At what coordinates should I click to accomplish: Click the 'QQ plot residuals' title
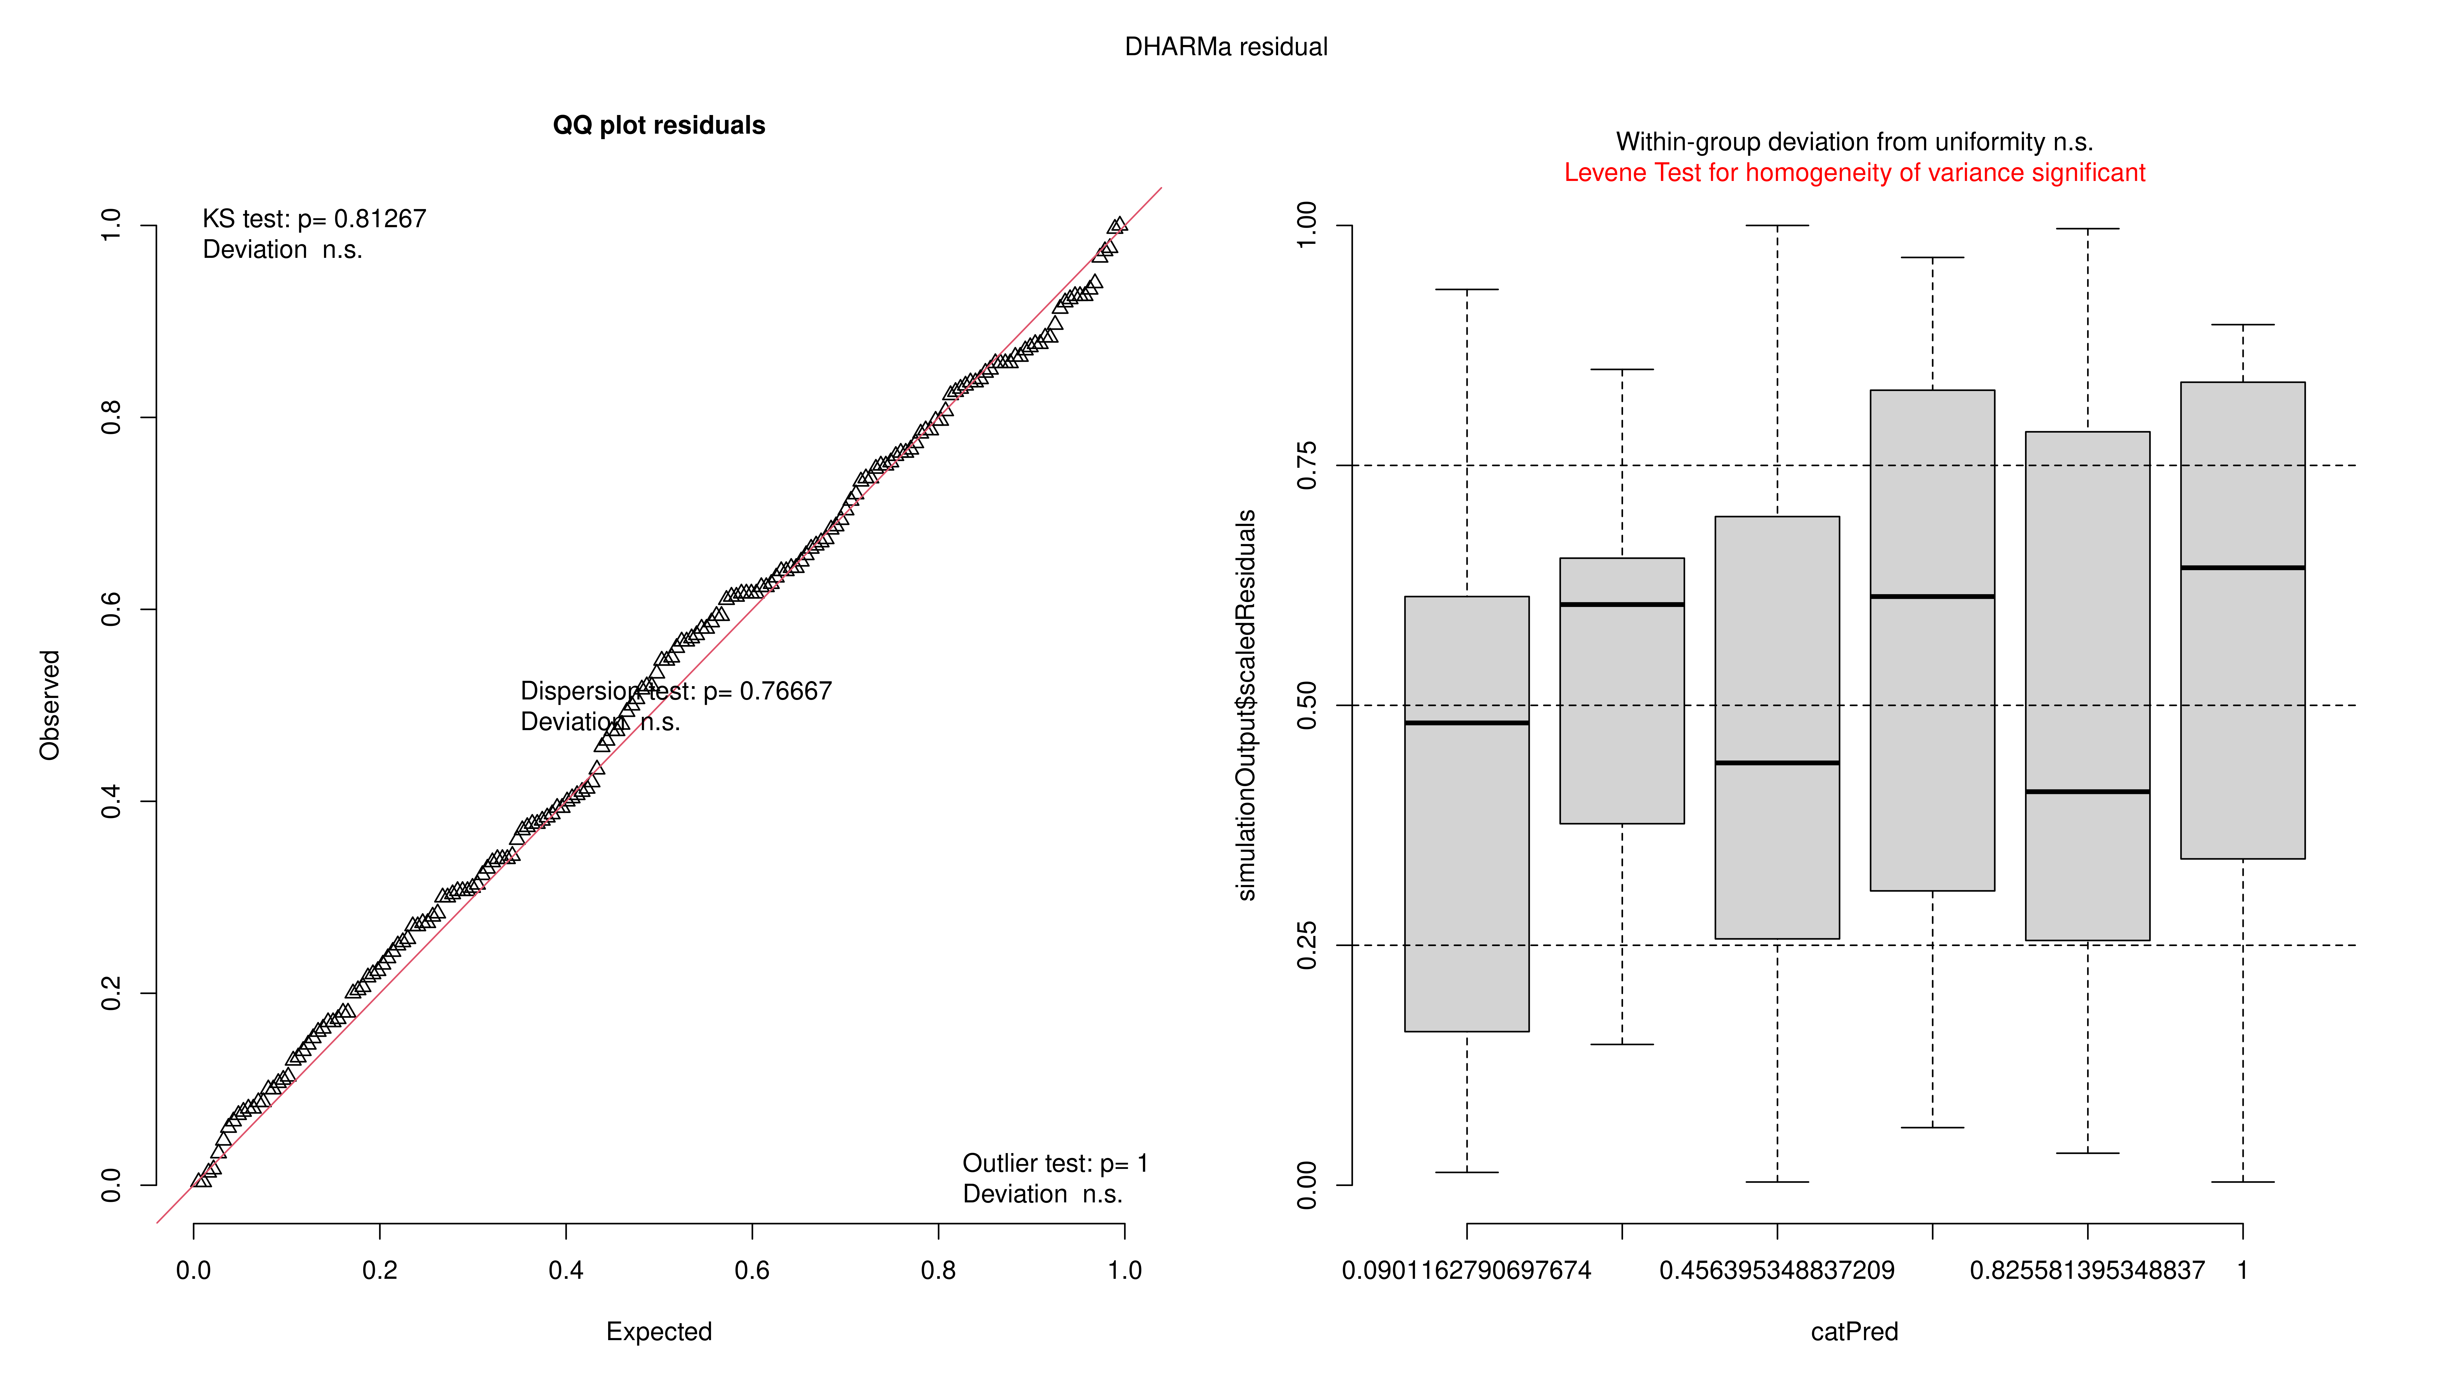pos(659,126)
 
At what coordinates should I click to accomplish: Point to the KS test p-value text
pos(314,219)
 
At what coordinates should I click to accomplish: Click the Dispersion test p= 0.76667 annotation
pos(676,692)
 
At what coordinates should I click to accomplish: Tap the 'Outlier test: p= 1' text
pos(1055,1164)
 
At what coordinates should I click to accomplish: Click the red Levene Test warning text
pos(1854,173)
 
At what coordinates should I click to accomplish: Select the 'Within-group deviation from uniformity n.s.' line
pos(1854,142)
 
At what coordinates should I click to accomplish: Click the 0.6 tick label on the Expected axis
pos(752,1270)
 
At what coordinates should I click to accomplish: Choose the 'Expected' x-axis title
pos(659,1331)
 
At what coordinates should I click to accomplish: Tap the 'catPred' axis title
pos(1854,1331)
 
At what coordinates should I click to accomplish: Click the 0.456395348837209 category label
pos(1777,1270)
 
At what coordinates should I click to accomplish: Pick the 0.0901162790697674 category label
pos(1466,1270)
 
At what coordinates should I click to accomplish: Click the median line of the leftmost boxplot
pos(1466,723)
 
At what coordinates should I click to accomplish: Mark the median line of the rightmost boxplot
pos(2242,568)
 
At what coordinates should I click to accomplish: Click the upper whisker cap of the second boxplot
pos(1622,370)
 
